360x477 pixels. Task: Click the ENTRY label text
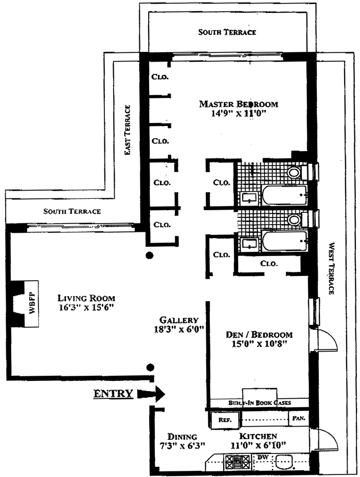click(113, 394)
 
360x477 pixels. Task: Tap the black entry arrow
click(151, 394)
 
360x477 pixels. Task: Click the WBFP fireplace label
click(32, 304)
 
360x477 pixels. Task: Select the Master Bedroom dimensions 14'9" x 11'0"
click(239, 114)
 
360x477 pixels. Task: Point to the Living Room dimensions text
click(86, 307)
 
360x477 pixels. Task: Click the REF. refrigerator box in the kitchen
click(225, 420)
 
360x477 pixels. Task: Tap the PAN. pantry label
click(298, 418)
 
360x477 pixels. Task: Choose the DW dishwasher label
click(262, 457)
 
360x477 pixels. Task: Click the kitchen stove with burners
click(238, 463)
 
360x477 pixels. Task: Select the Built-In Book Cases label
click(260, 403)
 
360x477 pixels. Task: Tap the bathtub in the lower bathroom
click(284, 241)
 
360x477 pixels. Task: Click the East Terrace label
click(128, 130)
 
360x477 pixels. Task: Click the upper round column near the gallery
click(149, 255)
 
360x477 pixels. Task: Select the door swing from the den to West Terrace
click(327, 339)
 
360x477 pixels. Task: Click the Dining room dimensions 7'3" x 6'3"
click(182, 446)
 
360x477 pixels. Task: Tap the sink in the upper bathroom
click(249, 198)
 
